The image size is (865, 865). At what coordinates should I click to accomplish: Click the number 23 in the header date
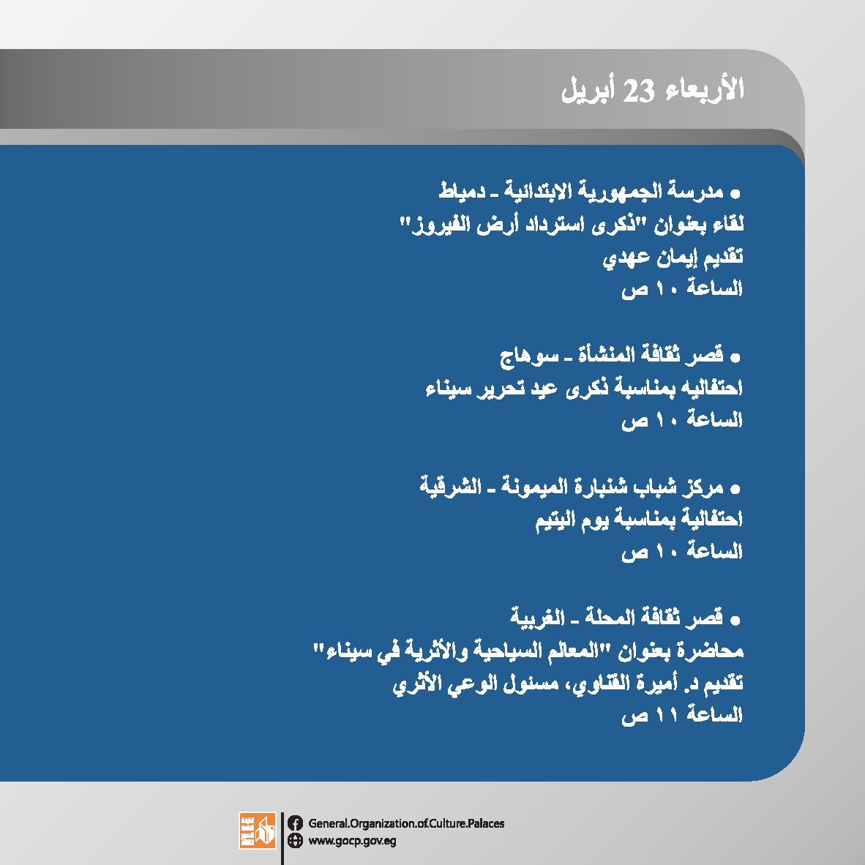coord(638,91)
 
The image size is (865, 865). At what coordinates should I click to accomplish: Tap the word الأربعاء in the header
coord(705,89)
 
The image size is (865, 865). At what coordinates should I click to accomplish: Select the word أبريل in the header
coord(586,90)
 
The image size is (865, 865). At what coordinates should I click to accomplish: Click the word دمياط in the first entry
coord(462,191)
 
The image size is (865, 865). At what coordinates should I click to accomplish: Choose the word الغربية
coord(536,617)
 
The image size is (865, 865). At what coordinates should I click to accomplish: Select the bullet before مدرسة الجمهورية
coord(735,194)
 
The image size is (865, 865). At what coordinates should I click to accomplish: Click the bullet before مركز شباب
coord(735,490)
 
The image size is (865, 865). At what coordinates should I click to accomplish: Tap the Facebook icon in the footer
coord(295,823)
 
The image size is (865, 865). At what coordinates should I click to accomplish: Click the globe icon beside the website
coord(295,840)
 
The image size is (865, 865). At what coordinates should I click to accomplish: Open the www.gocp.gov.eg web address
coord(352,842)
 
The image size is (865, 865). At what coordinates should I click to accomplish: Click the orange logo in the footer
coord(257,831)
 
